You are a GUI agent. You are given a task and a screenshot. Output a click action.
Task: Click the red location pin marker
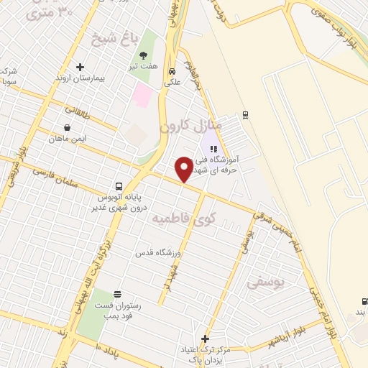coord(184,169)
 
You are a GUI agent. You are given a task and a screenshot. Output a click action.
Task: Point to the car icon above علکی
coord(172,72)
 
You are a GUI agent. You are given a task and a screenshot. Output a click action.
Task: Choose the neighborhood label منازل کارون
coord(190,126)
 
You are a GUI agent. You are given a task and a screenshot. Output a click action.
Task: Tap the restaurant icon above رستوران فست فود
coord(118,294)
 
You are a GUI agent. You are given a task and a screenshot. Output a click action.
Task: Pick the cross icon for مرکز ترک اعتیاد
coord(205,339)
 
